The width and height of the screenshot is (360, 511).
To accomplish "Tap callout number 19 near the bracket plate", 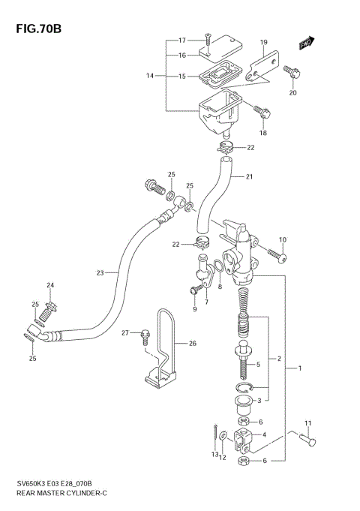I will [x=263, y=42].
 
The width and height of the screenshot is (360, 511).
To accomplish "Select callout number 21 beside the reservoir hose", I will [x=249, y=177].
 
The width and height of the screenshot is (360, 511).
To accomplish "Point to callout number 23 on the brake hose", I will [x=100, y=272].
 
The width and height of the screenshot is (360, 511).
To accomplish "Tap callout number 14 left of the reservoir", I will [x=149, y=76].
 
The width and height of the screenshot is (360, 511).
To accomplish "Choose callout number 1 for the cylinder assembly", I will [x=300, y=368].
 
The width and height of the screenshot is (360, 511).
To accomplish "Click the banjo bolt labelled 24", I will [x=52, y=307].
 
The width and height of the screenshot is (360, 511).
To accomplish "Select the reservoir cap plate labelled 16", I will [x=219, y=50].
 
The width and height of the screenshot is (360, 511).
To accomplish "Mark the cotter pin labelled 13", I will [x=215, y=434].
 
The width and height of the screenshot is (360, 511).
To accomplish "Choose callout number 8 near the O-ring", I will [x=220, y=287].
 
